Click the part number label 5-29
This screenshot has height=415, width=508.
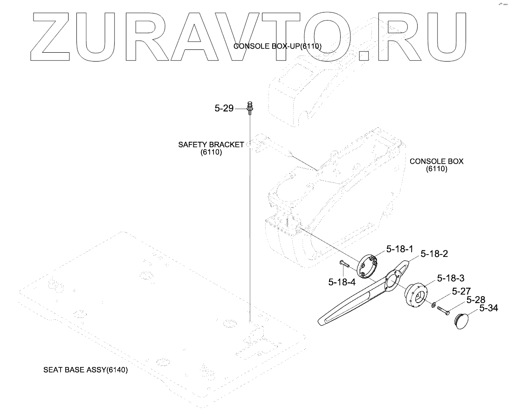coord(224,109)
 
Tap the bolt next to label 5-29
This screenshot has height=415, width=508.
coord(250,108)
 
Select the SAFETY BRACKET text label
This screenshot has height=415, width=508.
coord(211,145)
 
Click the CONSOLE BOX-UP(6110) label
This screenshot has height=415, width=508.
coord(277,46)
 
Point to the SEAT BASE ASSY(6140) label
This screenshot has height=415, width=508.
coord(85,370)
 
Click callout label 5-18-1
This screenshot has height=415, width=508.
coord(399,249)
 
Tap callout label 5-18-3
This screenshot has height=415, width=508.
coord(450,278)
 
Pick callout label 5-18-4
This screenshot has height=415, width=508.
coord(342,282)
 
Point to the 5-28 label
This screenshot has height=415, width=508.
coord(476,299)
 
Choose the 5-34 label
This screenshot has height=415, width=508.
coord(488,308)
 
